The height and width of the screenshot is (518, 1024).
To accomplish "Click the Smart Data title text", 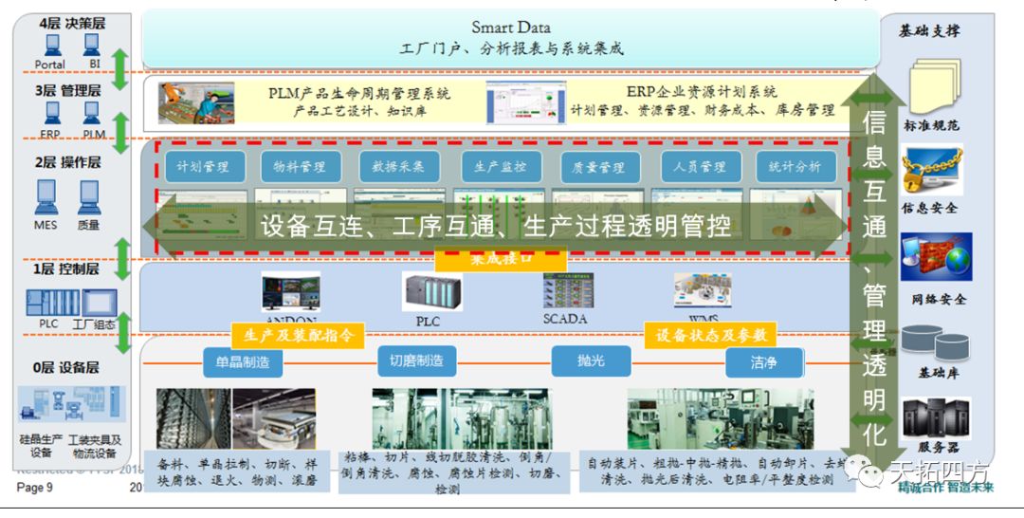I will [x=510, y=28].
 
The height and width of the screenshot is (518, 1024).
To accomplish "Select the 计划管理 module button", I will [x=204, y=167].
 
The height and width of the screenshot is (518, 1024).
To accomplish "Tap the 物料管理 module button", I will [x=301, y=167].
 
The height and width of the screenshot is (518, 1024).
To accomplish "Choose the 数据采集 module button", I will [x=399, y=167].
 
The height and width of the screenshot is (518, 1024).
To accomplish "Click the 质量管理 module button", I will [x=599, y=167].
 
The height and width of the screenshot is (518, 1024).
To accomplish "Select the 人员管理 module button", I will [x=700, y=167].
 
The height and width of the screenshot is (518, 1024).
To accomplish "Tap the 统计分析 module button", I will [x=795, y=167].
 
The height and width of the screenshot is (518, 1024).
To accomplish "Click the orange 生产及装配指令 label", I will [x=298, y=335].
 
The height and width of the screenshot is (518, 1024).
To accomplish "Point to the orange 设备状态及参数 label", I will [x=710, y=335].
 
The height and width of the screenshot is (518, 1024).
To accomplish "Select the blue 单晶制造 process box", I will [x=243, y=361].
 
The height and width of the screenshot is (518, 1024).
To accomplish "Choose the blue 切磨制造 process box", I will [x=416, y=361].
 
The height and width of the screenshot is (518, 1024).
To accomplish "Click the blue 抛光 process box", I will [x=591, y=361].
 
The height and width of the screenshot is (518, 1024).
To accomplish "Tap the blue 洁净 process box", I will [x=763, y=361].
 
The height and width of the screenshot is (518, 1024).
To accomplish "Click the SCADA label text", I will [x=565, y=319].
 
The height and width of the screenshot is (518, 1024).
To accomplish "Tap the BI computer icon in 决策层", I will [x=92, y=46].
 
